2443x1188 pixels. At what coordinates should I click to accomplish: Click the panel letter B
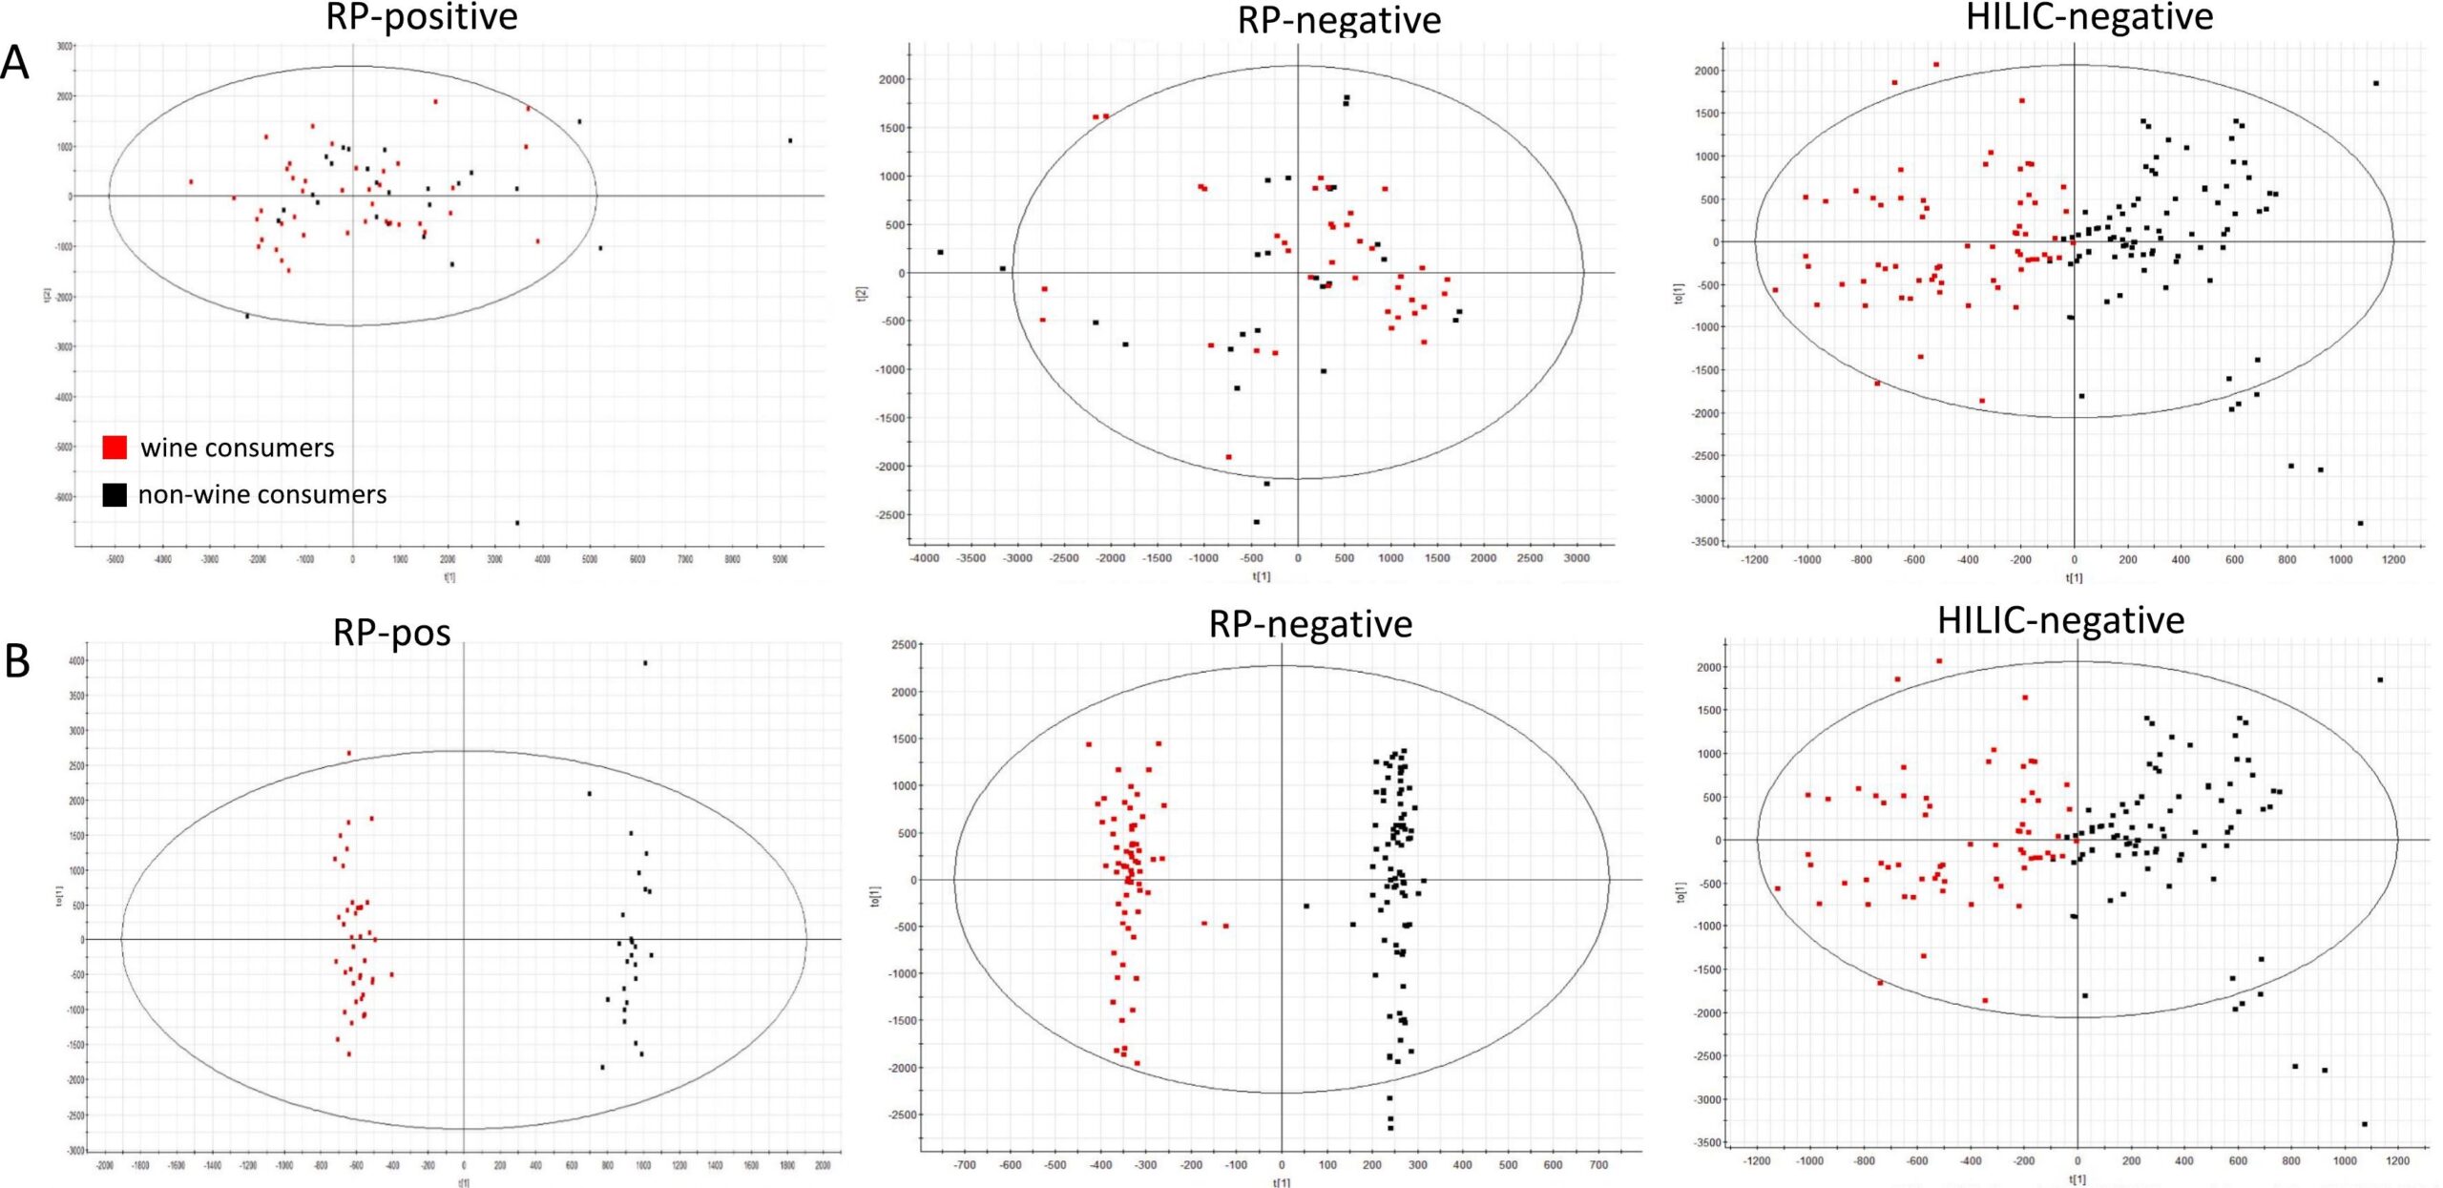(x=17, y=660)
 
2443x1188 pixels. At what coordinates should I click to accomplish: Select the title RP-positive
(x=422, y=17)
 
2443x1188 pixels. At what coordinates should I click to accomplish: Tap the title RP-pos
(x=391, y=633)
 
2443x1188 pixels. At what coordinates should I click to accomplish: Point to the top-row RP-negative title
(x=1339, y=20)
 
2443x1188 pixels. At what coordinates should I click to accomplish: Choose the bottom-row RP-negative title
(x=1310, y=624)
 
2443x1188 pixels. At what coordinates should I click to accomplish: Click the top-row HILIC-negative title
(x=2089, y=17)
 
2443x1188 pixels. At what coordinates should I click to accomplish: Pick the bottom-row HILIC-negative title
(x=2060, y=621)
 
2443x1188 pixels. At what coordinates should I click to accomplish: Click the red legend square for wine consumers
(x=115, y=448)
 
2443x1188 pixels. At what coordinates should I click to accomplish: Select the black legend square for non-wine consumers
(x=115, y=494)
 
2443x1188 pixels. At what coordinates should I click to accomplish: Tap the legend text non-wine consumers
(x=262, y=494)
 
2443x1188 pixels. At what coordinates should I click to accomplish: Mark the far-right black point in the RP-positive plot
(x=790, y=140)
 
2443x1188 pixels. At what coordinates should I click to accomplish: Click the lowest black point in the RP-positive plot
(x=517, y=522)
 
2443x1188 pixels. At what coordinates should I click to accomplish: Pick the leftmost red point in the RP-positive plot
(x=191, y=181)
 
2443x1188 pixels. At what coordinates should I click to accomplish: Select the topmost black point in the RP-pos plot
(x=645, y=663)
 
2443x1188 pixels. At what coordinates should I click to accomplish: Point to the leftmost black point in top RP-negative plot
(x=940, y=252)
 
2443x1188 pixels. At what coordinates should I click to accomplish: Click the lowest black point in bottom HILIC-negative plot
(x=2364, y=1123)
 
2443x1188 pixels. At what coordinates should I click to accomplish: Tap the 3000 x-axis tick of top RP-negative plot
(x=1576, y=558)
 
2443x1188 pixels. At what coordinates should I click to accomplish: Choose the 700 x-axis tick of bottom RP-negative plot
(x=1599, y=1164)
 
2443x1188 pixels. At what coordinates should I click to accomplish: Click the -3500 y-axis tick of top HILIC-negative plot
(x=1706, y=542)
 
